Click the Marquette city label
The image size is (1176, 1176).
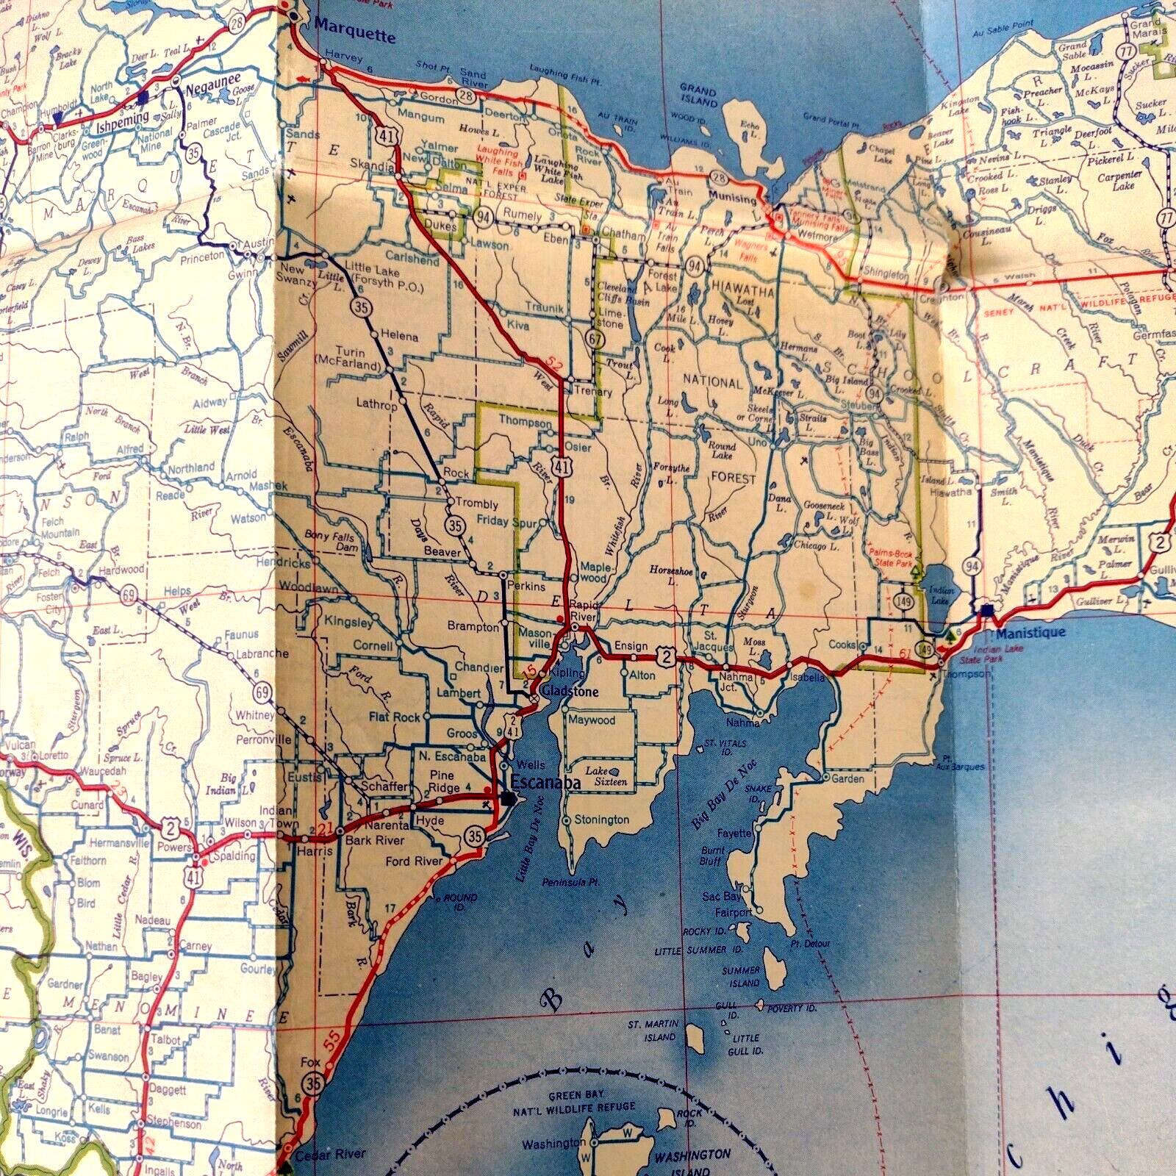coord(354,31)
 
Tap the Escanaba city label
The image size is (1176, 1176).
coord(545,782)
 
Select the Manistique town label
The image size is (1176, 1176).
coord(1030,632)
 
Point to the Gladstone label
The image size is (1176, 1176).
coord(570,692)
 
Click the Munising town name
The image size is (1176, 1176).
coord(732,198)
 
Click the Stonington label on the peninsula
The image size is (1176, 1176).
coord(601,820)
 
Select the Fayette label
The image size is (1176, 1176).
coord(734,833)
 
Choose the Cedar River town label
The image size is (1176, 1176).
coord(330,1153)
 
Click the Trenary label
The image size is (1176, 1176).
coord(593,392)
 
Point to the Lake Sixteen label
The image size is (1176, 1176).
coord(606,776)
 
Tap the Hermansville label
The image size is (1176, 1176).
coord(118,843)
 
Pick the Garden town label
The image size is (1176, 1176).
coord(847,778)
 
